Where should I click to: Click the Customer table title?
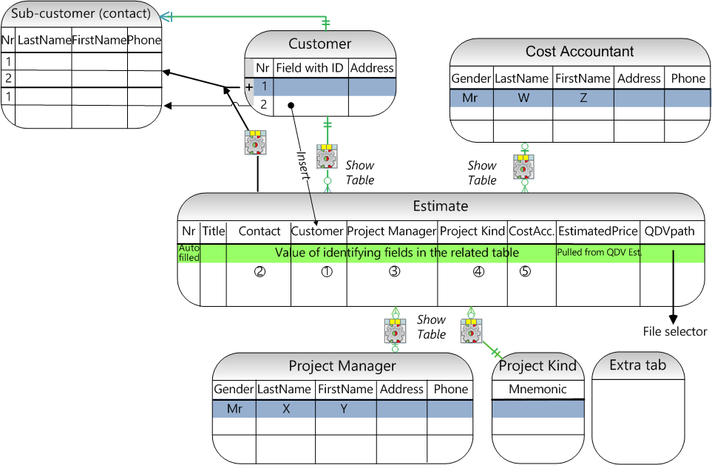319,44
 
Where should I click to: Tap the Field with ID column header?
309,68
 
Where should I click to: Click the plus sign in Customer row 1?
250,86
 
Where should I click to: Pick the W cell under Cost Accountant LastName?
523,98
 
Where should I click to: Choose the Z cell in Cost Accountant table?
583,98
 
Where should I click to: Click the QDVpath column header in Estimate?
670,231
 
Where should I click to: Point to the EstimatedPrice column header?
597,231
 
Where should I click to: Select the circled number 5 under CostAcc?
525,271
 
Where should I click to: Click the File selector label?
675,332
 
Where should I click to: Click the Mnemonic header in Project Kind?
538,390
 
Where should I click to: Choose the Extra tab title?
637,365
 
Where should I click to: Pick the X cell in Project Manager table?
285,408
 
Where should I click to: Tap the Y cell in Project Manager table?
344,408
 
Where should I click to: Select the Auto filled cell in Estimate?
189,253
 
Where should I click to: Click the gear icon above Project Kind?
471,330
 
